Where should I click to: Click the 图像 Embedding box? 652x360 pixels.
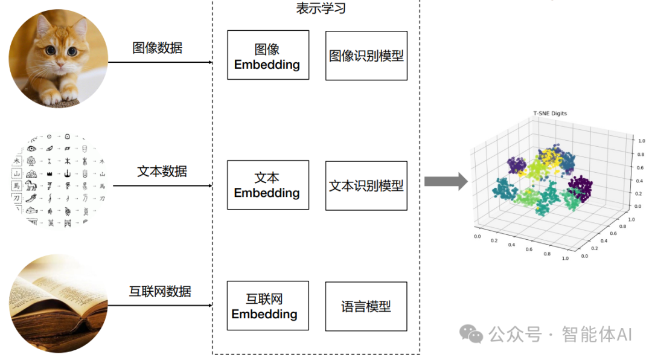click(x=267, y=55)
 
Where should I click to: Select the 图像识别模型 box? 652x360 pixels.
click(x=366, y=56)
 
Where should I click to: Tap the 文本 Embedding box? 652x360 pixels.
click(x=267, y=185)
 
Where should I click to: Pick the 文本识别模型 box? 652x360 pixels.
click(x=366, y=185)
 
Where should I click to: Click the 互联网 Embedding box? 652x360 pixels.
click(x=264, y=306)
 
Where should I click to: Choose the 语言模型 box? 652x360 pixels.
click(x=366, y=306)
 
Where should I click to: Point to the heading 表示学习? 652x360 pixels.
click(x=321, y=8)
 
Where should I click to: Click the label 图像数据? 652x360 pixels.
click(x=157, y=48)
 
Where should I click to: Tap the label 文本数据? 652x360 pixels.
click(x=162, y=171)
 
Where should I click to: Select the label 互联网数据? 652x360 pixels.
click(x=160, y=291)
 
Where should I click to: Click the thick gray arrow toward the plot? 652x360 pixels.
click(x=446, y=181)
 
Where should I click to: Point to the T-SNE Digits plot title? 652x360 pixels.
click(x=549, y=114)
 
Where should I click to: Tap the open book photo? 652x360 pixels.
click(x=58, y=304)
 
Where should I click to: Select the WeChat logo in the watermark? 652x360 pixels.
click(x=471, y=333)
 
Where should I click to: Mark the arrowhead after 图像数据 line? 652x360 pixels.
click(x=209, y=62)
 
